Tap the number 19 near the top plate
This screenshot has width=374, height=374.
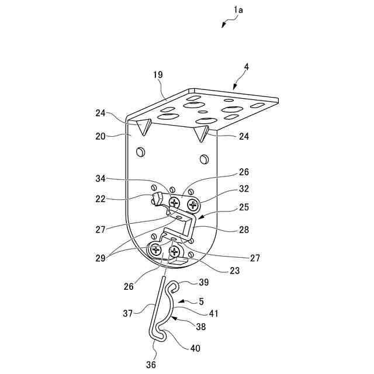click(158, 75)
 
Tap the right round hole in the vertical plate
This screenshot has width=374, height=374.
click(203, 159)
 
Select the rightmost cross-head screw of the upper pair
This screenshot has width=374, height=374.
click(192, 205)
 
